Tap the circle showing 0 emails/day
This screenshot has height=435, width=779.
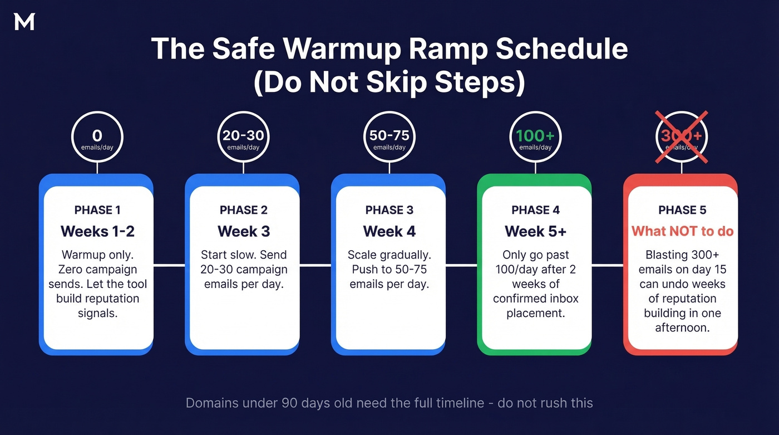tap(97, 138)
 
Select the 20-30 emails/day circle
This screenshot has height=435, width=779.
tap(243, 138)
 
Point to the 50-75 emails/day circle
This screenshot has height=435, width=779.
tap(389, 138)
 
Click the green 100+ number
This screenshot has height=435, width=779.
tap(535, 136)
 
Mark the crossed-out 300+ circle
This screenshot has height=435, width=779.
tap(682, 138)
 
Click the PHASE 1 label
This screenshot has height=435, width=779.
tap(97, 210)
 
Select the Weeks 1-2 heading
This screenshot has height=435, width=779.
tap(97, 231)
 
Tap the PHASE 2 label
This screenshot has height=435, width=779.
tap(244, 210)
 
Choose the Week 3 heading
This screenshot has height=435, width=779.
tap(244, 231)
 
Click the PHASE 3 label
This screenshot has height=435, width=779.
tap(389, 210)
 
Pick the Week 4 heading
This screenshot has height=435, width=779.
tap(389, 231)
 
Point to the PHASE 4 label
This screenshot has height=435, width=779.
tap(535, 210)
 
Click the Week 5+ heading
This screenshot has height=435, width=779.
tap(535, 231)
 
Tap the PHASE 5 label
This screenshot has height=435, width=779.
tap(682, 210)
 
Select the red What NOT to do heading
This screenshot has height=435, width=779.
tap(682, 231)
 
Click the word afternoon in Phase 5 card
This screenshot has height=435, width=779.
tap(682, 328)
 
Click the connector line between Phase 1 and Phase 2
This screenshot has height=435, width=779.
tap(169, 265)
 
